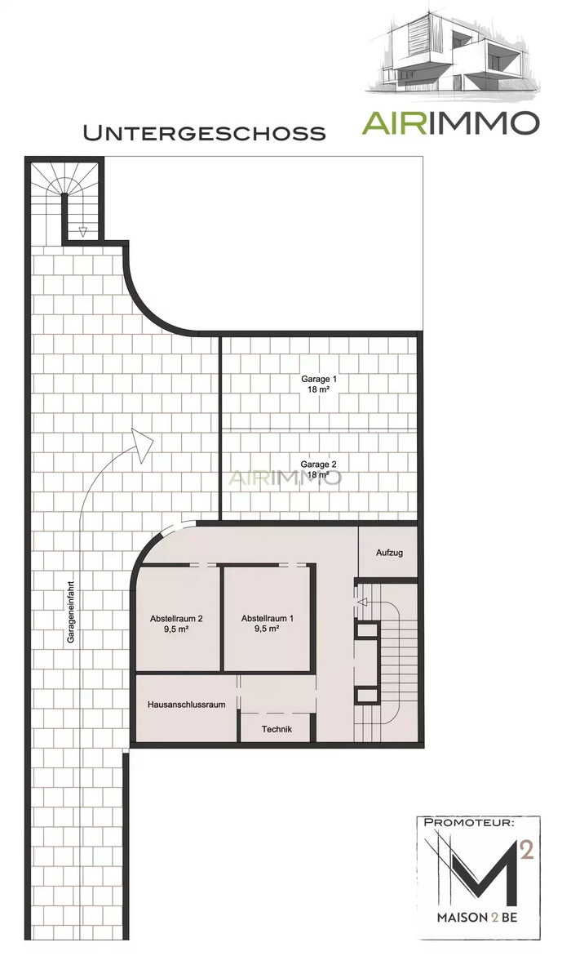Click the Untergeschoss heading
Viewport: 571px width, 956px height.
[204, 133]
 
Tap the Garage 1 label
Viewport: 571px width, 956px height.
[319, 379]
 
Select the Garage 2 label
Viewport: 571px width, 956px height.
[319, 464]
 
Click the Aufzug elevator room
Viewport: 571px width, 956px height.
[389, 553]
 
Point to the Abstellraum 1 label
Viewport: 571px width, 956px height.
[268, 618]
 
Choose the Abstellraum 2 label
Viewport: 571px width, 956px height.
[176, 618]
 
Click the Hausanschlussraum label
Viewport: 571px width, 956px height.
[187, 705]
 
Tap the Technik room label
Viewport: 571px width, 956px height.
[277, 729]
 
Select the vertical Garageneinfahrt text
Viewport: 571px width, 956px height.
[71, 611]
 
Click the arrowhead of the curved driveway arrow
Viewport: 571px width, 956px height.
[143, 444]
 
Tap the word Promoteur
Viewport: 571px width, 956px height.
[468, 822]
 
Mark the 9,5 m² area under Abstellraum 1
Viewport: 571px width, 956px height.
[268, 629]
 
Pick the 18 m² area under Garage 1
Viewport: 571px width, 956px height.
[319, 389]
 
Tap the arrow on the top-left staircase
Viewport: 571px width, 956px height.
[83, 232]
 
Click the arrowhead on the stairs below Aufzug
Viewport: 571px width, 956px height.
[361, 603]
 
